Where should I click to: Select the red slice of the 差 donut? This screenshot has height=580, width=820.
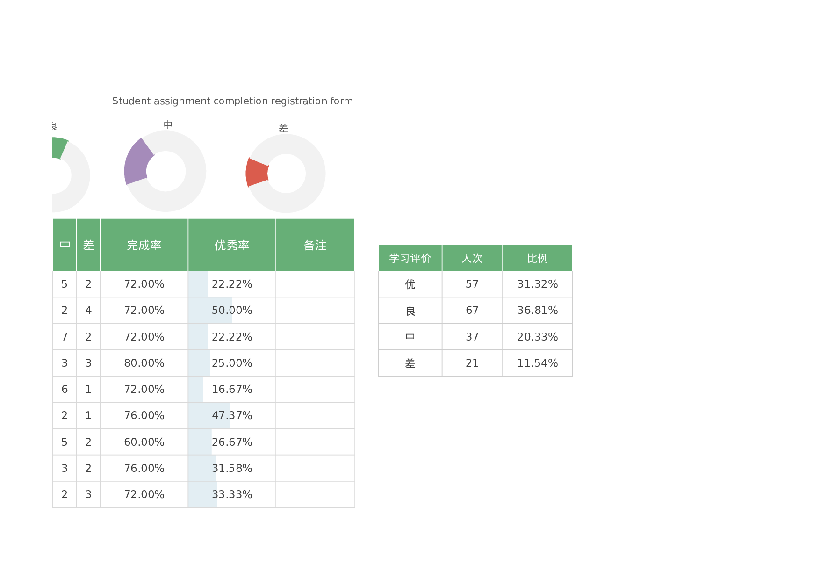(x=257, y=173)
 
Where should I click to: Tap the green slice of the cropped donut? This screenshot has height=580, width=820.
(x=59, y=147)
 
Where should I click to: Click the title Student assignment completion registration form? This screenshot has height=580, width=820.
(x=232, y=101)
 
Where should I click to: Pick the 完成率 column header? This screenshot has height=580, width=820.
(x=144, y=245)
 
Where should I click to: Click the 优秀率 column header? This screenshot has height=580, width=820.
(x=232, y=245)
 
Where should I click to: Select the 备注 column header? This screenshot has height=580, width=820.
(x=315, y=245)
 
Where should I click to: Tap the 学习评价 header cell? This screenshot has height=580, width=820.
(x=410, y=258)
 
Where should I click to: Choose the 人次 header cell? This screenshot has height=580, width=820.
(x=472, y=258)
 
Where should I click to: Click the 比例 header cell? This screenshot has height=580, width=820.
(x=537, y=258)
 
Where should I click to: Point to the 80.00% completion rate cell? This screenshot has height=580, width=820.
(x=144, y=363)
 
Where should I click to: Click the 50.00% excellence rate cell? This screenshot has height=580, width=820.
(x=232, y=310)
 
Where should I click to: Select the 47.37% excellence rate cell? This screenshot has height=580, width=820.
(x=232, y=415)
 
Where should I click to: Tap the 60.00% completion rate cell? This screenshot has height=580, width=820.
(x=144, y=442)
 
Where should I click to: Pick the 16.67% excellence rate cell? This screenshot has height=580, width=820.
(x=232, y=389)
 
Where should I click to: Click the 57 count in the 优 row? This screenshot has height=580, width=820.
(x=472, y=284)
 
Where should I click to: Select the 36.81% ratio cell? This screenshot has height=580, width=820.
(x=537, y=310)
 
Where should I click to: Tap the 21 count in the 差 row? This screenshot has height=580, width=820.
(x=472, y=363)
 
